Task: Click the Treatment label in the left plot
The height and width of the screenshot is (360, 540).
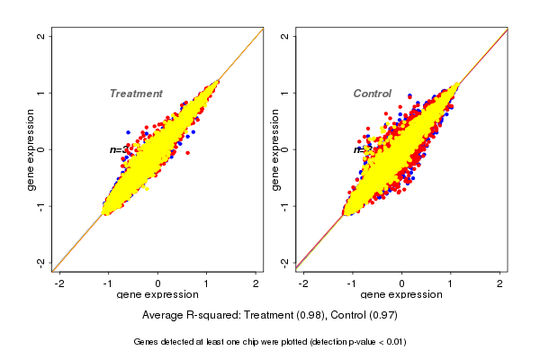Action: (136, 94)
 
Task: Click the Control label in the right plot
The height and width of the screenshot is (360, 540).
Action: (372, 94)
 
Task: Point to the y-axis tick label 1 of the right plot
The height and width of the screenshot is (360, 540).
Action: (285, 93)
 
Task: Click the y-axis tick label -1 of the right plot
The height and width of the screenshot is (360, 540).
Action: (285, 205)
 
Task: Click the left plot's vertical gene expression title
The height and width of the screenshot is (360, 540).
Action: (31, 149)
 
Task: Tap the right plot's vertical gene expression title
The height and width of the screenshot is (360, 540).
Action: (275, 149)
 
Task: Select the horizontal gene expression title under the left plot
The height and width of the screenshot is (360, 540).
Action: (158, 295)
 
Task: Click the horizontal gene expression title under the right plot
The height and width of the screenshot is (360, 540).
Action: (401, 295)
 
